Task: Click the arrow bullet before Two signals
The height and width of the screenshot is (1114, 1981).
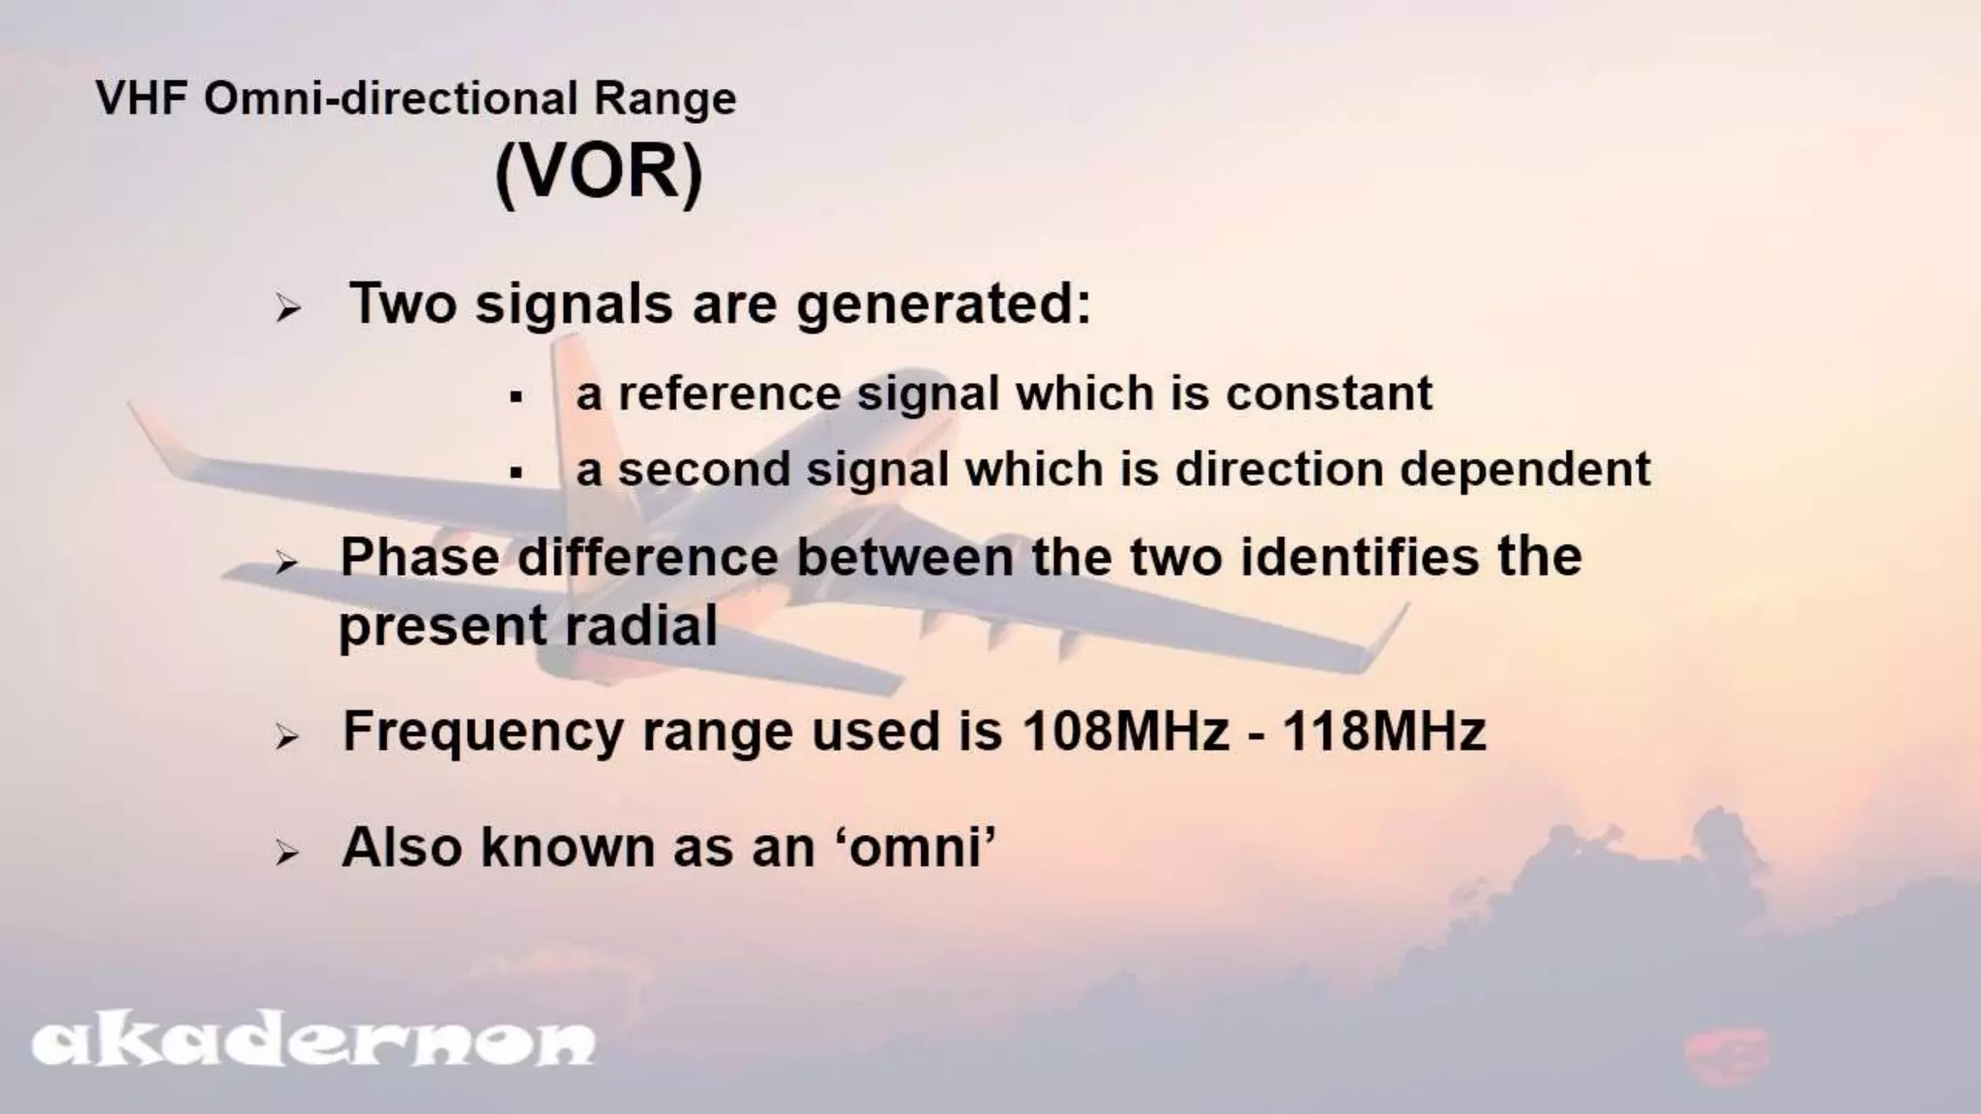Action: click(287, 309)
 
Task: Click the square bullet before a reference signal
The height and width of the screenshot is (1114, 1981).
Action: click(517, 396)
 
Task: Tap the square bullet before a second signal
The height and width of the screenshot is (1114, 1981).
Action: click(517, 473)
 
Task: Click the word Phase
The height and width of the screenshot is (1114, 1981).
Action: click(422, 558)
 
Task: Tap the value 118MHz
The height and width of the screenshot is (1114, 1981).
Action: click(1384, 731)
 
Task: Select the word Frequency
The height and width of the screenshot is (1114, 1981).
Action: click(483, 733)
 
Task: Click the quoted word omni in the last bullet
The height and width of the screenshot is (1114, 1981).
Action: click(916, 848)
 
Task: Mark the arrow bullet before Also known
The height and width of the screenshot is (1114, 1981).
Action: click(287, 853)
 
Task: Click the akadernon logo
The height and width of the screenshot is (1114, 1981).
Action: click(312, 1043)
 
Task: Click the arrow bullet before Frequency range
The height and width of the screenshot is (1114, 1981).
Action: click(287, 739)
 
